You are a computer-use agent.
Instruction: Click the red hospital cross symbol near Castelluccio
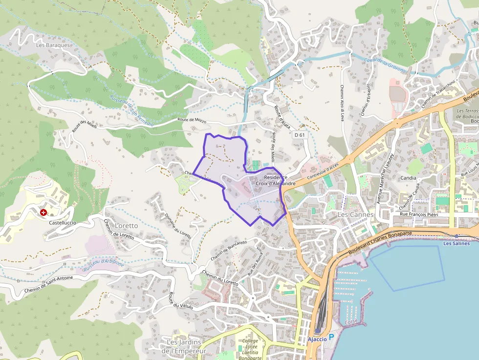click(x=44, y=212)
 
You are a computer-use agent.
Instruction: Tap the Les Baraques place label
click(x=53, y=45)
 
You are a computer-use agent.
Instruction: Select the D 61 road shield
click(x=300, y=134)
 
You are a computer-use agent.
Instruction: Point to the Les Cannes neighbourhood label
click(x=355, y=214)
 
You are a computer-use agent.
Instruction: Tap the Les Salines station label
click(x=456, y=243)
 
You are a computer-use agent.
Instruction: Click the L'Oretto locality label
click(x=126, y=226)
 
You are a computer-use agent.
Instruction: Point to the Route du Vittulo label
click(x=180, y=300)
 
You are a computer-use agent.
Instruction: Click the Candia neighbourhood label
click(x=408, y=178)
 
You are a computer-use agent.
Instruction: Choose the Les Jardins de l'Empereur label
click(x=184, y=346)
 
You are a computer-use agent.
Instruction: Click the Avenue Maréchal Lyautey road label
click(x=386, y=178)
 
